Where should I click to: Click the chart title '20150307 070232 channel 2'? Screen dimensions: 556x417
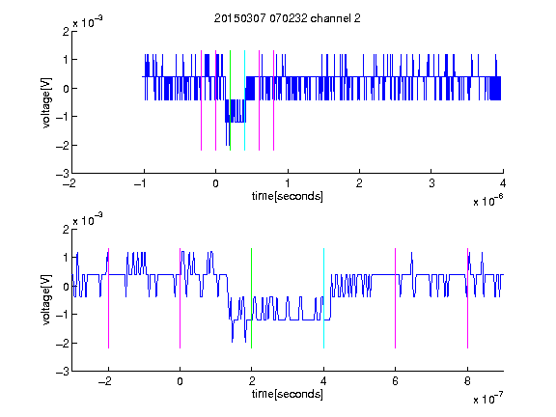coord(288,18)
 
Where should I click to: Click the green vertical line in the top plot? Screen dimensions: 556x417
coord(230,100)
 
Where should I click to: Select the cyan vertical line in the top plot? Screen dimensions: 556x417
coord(244,100)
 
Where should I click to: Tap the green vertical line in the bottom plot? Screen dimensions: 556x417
coord(251,298)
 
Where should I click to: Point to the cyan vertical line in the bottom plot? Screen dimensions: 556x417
coord(323,298)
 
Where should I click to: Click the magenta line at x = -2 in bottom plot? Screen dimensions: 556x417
coord(108,298)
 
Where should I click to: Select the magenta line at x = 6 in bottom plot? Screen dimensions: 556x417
coord(396,298)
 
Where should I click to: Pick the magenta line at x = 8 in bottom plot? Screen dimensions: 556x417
coord(468,298)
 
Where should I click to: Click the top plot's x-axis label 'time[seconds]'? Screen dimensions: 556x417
coord(288,196)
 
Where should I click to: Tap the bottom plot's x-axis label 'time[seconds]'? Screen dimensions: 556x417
coord(288,394)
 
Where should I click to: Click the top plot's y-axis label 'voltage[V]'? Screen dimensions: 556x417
coord(46,102)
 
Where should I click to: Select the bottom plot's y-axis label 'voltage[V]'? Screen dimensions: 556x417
coord(46,300)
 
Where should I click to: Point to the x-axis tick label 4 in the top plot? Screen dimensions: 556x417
coord(503,183)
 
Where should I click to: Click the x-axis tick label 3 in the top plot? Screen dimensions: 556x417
coord(431,183)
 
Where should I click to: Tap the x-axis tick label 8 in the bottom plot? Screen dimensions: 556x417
coord(467,381)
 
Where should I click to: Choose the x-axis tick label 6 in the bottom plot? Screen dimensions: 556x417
coord(396,381)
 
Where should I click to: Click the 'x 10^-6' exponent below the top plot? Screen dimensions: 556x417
coord(487,200)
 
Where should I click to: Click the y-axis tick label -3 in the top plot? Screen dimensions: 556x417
coord(63,174)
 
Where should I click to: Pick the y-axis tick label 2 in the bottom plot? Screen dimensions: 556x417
coord(66,230)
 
